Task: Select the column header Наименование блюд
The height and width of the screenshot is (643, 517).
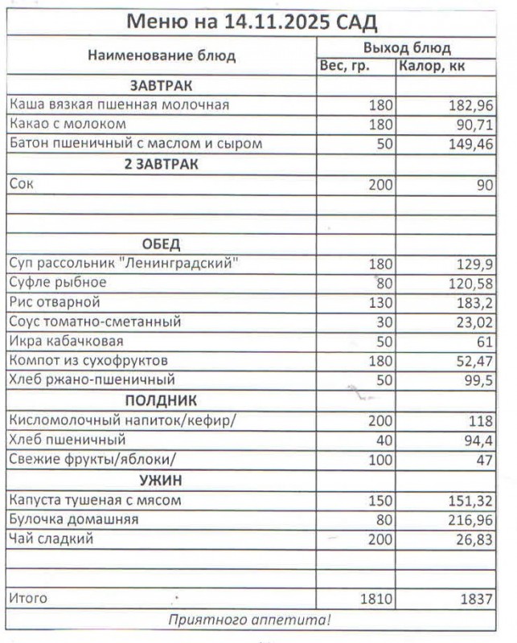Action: coord(162,56)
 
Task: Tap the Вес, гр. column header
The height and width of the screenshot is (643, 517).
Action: coord(345,66)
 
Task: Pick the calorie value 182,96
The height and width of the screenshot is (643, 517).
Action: coord(470,105)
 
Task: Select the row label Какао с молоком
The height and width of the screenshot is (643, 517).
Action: coord(68,125)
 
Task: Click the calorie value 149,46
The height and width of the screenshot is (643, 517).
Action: coord(470,145)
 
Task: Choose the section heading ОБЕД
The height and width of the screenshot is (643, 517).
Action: coord(161,244)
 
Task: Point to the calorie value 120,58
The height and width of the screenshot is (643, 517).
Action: coord(470,283)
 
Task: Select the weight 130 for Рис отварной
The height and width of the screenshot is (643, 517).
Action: coord(380,302)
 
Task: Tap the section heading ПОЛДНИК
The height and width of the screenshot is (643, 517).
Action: coord(161,400)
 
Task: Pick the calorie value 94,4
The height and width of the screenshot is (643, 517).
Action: coord(478,440)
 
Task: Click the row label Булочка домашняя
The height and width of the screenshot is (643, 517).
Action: coord(73,519)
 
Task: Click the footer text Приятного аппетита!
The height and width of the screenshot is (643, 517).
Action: coord(249,620)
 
